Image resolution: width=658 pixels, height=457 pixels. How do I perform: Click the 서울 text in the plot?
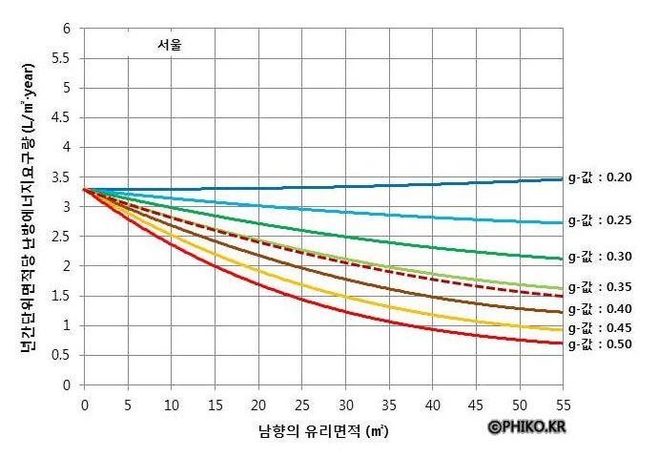pyautogui.click(x=170, y=44)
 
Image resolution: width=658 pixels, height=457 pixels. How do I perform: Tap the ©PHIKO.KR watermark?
pyautogui.click(x=527, y=427)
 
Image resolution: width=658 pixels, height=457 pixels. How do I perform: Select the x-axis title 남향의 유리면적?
pyautogui.click(x=324, y=431)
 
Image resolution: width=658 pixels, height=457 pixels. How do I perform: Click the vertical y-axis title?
pyautogui.click(x=29, y=204)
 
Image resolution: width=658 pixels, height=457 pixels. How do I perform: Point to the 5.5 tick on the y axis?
pyautogui.click(x=63, y=58)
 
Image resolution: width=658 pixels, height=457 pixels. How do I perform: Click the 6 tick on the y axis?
pyautogui.click(x=67, y=29)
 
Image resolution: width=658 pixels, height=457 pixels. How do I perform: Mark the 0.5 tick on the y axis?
pyautogui.click(x=63, y=356)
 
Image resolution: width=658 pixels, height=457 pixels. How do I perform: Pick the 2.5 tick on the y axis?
pyautogui.click(x=63, y=237)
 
